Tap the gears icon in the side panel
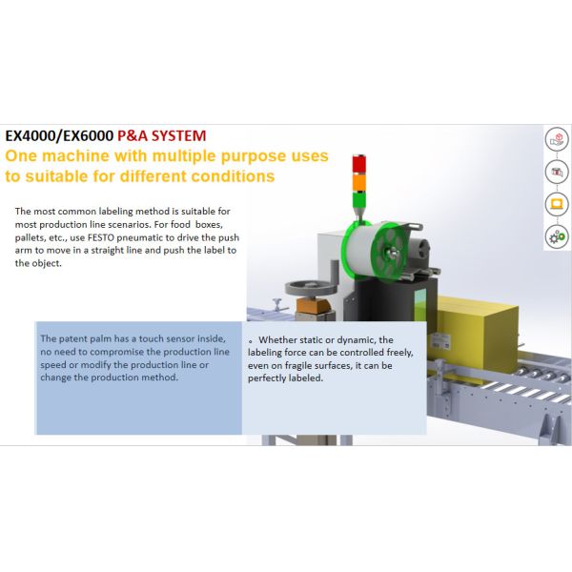(x=556, y=235)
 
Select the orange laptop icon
(x=556, y=204)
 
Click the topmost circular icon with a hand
(x=556, y=140)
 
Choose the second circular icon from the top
(x=556, y=172)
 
